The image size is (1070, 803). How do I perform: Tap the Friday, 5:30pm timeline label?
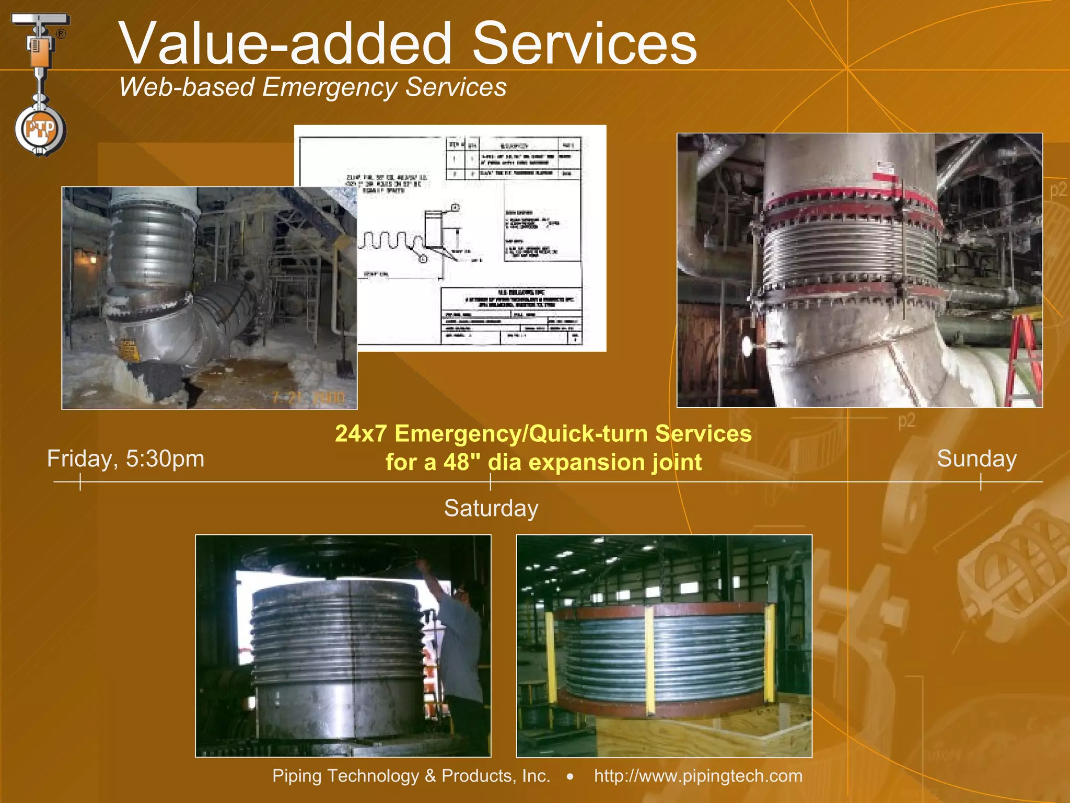[125, 459]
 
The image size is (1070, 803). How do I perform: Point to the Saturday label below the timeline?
[491, 508]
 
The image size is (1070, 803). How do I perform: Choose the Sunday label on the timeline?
[976, 459]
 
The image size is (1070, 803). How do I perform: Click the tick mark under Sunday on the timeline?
[981, 481]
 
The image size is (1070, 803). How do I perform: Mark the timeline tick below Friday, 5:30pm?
[80, 481]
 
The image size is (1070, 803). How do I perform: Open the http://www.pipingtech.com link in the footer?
[698, 776]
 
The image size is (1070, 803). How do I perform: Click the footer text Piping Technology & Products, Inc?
[411, 776]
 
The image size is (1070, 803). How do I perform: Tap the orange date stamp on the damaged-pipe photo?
[308, 398]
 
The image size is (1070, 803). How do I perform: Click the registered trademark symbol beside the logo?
[61, 34]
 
